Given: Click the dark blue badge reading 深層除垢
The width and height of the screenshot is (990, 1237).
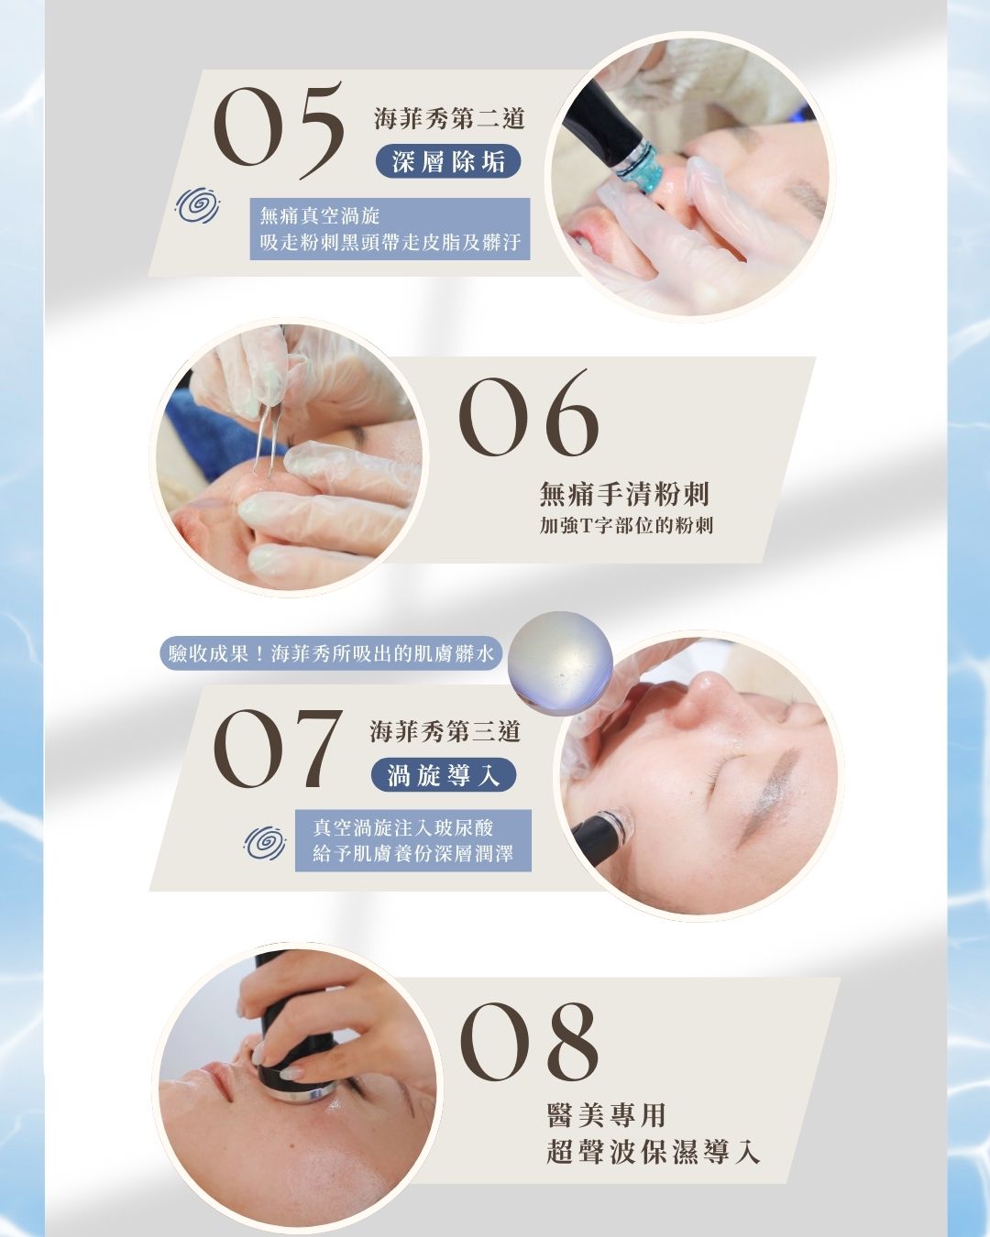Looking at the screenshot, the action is click(448, 161).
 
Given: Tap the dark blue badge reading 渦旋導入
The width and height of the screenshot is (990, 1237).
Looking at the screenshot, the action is click(444, 775).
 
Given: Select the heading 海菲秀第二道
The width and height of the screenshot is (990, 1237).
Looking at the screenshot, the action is click(450, 118).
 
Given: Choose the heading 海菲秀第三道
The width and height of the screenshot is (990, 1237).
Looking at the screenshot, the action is click(445, 732).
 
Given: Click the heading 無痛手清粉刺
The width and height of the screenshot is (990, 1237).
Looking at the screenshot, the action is click(624, 494).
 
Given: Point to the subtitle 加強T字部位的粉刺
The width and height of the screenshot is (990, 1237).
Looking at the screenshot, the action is click(626, 525).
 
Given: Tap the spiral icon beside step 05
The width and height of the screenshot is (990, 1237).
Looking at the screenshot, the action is click(198, 205).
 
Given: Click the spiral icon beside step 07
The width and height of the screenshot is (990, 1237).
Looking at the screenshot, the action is click(265, 843).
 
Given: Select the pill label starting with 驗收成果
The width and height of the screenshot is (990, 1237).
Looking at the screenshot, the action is click(331, 653).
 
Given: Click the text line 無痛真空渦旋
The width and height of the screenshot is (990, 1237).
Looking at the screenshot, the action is click(320, 216).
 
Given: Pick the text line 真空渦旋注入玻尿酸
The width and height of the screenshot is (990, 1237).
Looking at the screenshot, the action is click(403, 827).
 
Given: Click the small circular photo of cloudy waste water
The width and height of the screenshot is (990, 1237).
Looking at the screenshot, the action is click(561, 662).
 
